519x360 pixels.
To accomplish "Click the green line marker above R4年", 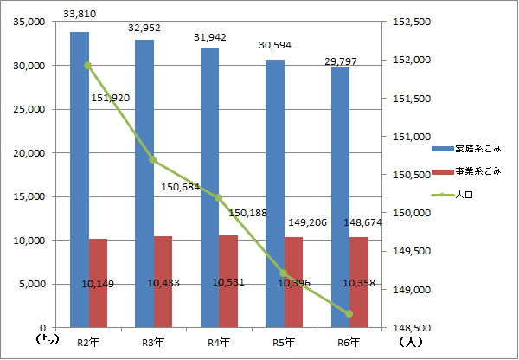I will [x=219, y=198].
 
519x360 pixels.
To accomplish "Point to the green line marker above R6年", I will [x=349, y=313].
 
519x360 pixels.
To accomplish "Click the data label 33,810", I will [x=80, y=14].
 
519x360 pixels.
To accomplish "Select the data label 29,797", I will [x=340, y=61].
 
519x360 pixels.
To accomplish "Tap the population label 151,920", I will [x=110, y=97].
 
